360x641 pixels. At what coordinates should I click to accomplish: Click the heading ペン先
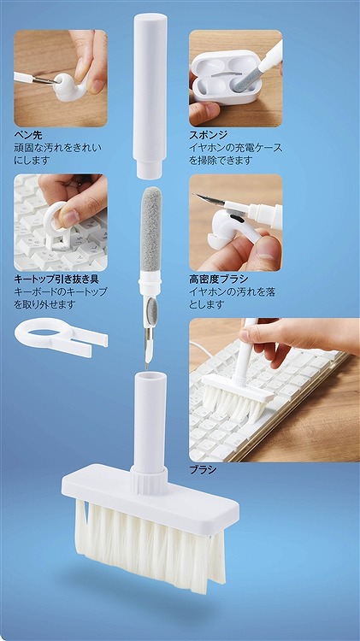(x=28, y=136)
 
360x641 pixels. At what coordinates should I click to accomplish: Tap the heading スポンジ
(x=208, y=135)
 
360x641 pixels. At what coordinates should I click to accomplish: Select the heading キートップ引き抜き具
(x=56, y=279)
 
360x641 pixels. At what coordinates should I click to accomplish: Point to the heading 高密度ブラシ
(x=218, y=279)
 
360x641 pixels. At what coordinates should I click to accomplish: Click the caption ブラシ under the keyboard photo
(x=203, y=470)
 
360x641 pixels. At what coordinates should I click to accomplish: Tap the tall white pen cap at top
(x=150, y=96)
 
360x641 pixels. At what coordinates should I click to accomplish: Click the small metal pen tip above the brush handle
(x=147, y=361)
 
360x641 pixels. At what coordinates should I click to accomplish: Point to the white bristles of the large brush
(x=150, y=544)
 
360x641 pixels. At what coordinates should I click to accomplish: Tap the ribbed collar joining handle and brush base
(x=149, y=480)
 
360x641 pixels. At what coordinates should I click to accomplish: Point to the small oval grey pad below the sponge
(x=152, y=310)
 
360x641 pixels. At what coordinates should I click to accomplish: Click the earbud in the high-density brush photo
(x=231, y=230)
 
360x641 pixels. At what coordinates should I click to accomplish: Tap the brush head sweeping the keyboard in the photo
(x=237, y=398)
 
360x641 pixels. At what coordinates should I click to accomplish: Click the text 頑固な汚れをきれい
(x=57, y=148)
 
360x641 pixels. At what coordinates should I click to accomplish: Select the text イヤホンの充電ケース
(x=236, y=148)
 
